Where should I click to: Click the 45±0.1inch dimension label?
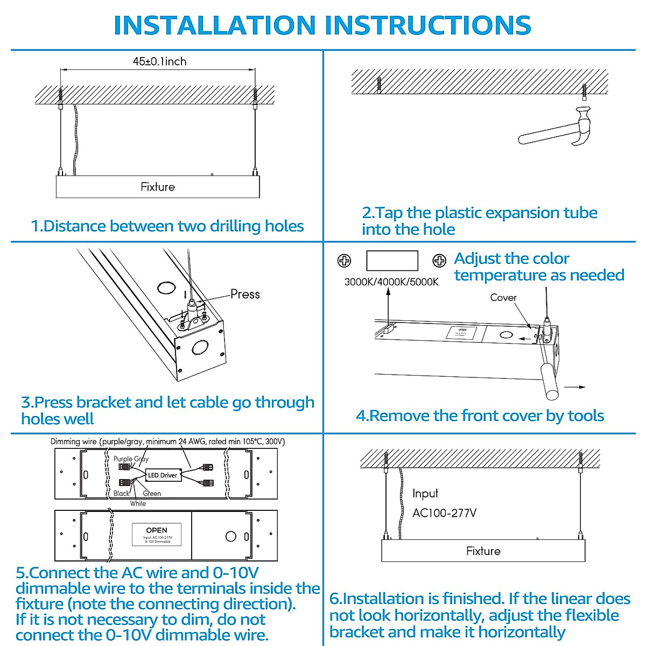point(159,61)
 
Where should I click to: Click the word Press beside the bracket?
point(245,294)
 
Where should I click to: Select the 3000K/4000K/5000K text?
point(391,282)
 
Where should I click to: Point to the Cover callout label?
point(503,297)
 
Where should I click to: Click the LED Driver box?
point(162,475)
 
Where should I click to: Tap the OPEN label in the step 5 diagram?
point(156,530)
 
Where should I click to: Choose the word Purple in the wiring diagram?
point(123,459)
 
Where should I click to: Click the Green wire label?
point(152,493)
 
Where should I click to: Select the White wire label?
point(138,503)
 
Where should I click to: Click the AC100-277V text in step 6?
point(444,513)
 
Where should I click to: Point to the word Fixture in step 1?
point(158,187)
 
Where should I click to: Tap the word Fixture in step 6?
point(483,551)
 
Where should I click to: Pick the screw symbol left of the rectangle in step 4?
point(344,261)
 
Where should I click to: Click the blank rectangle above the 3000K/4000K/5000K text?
point(392,261)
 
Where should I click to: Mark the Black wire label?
point(121,493)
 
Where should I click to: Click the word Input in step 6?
point(425,493)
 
